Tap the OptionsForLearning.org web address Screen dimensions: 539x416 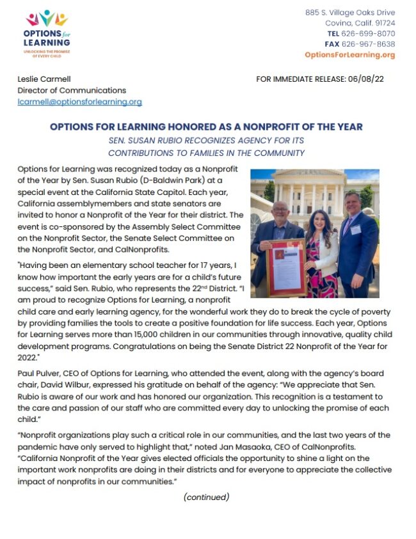click(349, 55)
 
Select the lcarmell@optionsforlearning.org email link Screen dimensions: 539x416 click(79, 102)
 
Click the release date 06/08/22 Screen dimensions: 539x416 click(367, 79)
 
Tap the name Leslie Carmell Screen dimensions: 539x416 click(44, 79)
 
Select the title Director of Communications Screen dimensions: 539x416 click(72, 90)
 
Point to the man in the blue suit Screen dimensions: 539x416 click(358, 246)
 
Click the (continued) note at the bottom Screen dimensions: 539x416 click(206, 497)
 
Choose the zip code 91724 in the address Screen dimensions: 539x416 click(381, 23)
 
